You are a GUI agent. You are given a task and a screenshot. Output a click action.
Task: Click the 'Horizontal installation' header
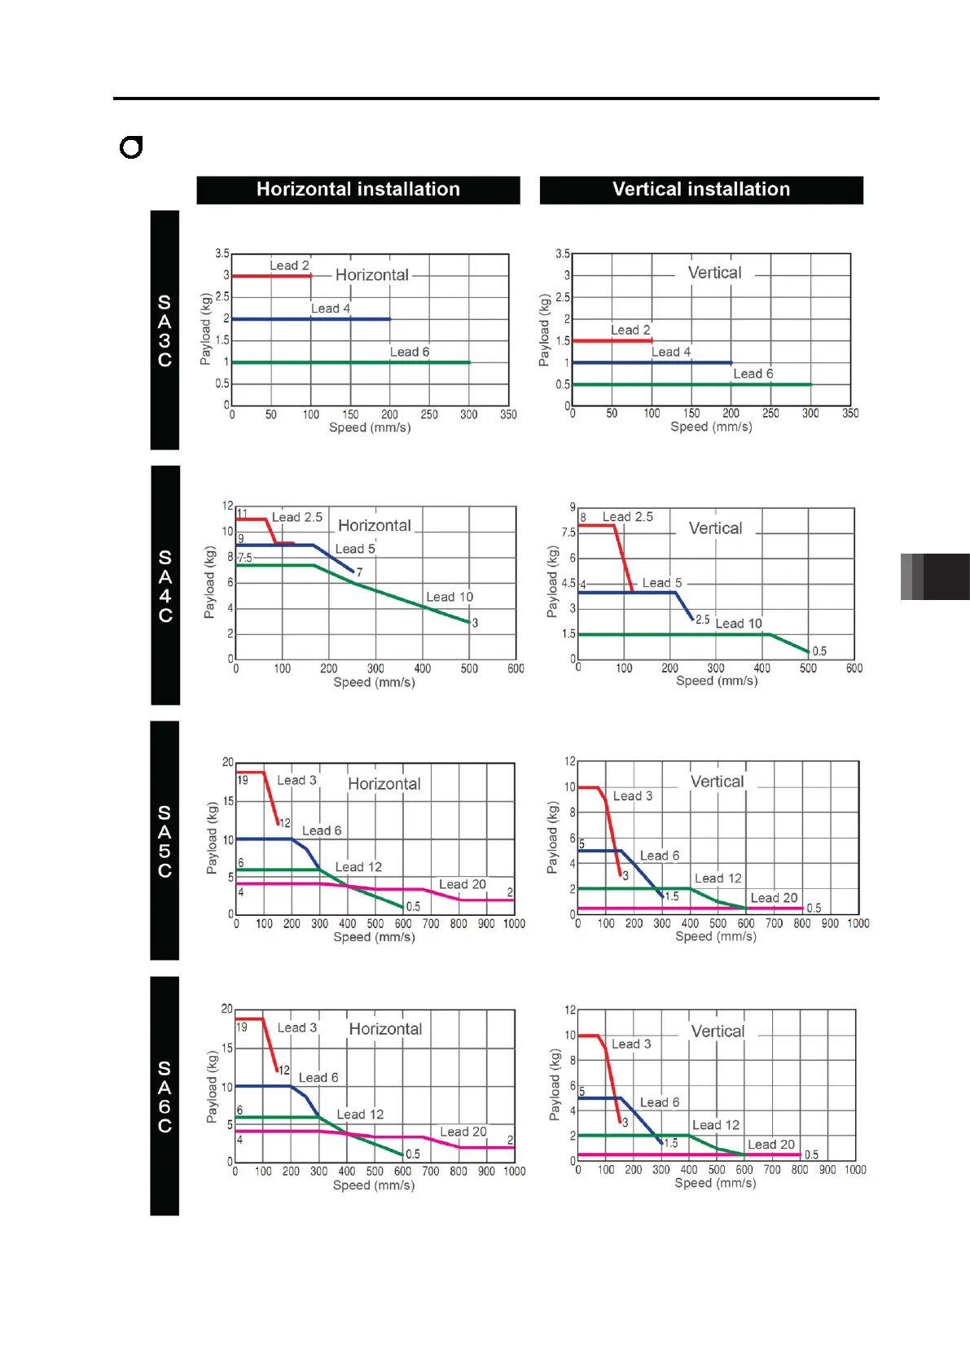point(358,190)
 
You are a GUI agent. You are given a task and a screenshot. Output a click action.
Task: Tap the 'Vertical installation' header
point(701,190)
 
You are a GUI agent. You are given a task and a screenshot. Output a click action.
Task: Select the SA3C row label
point(165,331)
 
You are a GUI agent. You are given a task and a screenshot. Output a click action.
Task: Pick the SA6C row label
point(165,1096)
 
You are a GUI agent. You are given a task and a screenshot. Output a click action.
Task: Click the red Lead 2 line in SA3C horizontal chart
point(271,276)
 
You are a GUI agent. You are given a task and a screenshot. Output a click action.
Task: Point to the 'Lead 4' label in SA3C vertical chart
point(671,352)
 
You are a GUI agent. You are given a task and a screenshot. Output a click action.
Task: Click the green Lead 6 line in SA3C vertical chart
point(692,384)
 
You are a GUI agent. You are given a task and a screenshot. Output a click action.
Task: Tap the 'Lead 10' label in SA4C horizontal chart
point(450,597)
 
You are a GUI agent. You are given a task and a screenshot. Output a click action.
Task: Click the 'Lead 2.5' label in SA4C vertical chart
point(627,517)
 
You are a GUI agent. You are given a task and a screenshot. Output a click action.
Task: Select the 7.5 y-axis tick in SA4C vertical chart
point(568,532)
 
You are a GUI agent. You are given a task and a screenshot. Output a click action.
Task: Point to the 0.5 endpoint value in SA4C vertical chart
point(819,651)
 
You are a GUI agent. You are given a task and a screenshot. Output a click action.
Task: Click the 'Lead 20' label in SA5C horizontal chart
point(462,884)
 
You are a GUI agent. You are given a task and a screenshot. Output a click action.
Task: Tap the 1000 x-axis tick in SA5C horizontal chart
point(514,924)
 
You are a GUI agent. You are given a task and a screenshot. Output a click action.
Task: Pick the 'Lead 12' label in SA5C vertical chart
point(718,878)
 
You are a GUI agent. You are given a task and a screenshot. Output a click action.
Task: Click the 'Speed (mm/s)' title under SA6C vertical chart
point(715,1183)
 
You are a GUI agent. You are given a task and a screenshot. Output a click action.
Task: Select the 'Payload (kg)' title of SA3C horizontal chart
point(206,329)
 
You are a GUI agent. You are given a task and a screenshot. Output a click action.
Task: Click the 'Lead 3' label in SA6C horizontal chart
point(297,1027)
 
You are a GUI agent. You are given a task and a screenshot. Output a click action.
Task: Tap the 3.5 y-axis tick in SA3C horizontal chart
point(222,253)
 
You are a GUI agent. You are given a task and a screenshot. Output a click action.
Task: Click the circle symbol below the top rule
point(131,147)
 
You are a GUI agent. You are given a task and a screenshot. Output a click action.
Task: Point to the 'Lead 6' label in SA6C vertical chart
point(659,1102)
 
